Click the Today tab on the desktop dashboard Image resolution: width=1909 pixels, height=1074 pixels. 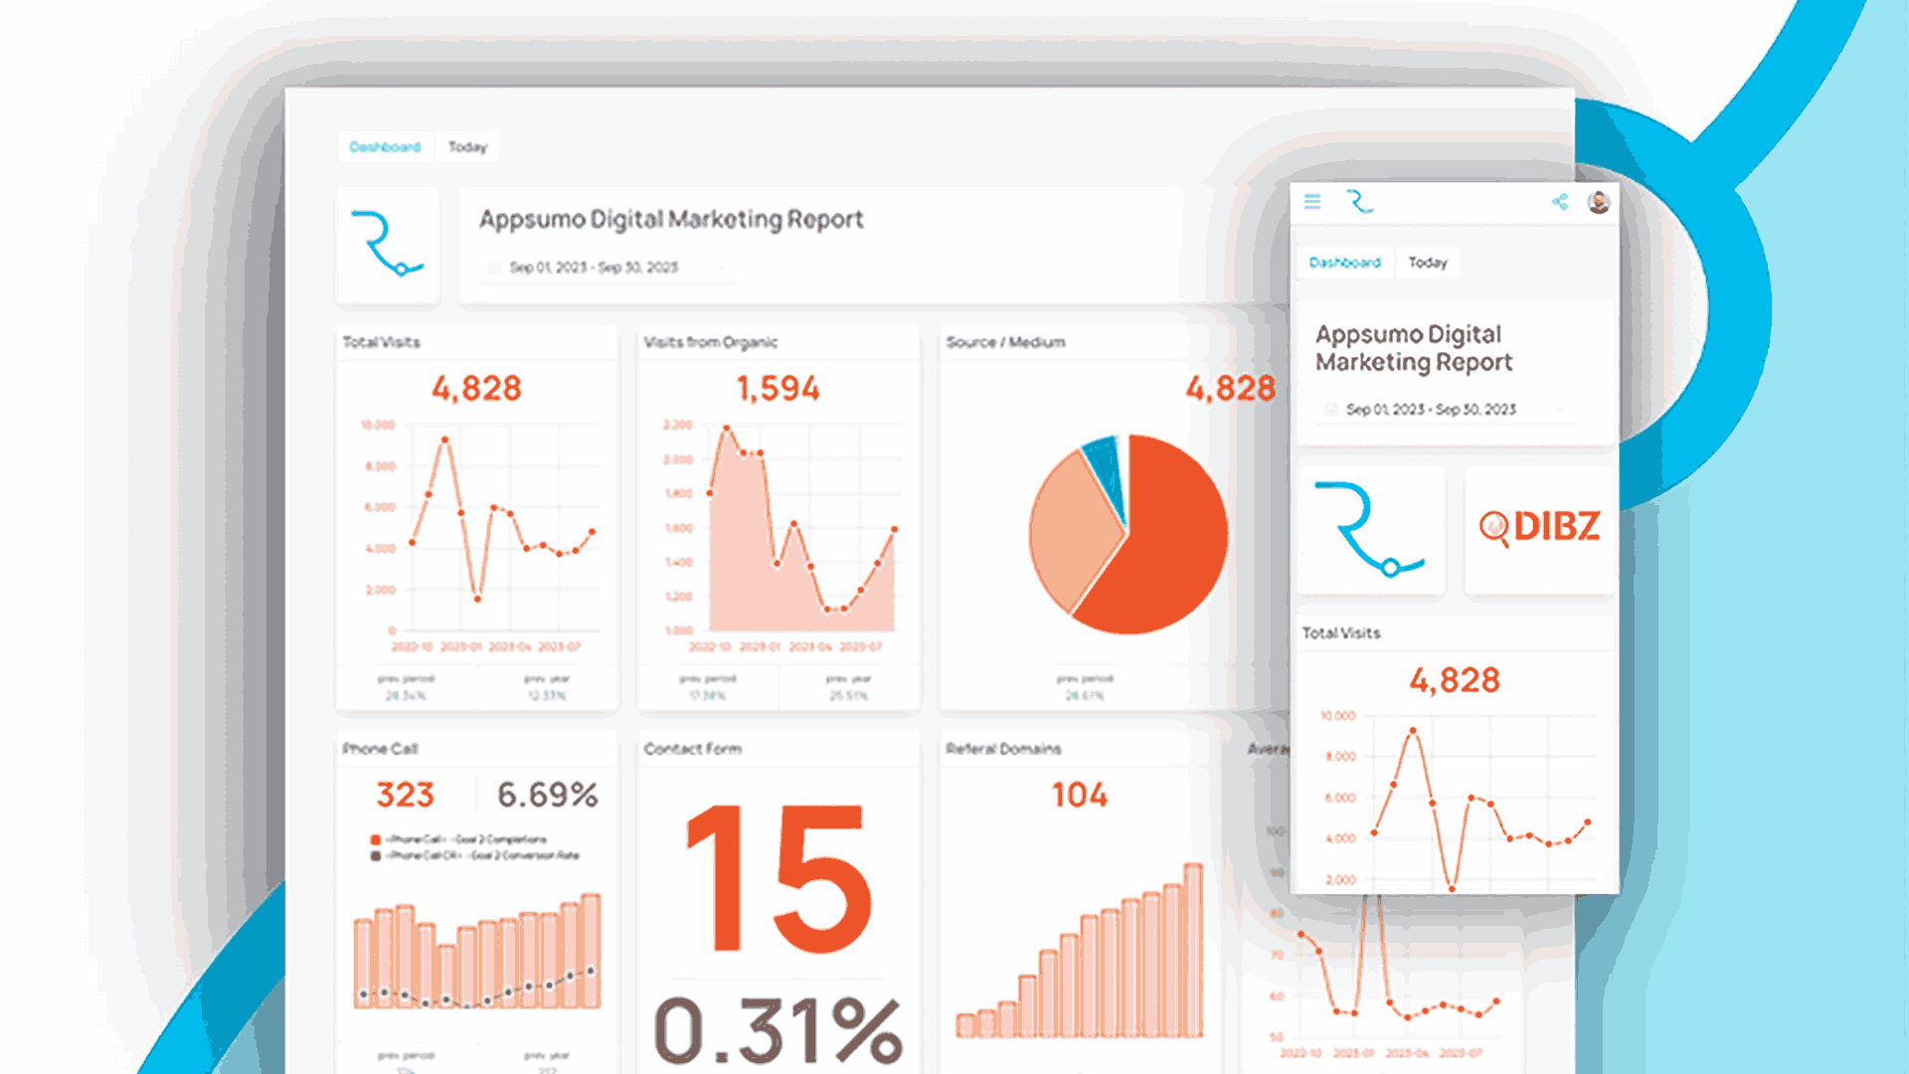pos(467,147)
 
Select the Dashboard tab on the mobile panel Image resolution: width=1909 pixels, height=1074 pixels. pos(1344,263)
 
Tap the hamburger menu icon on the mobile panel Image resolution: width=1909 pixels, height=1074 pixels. pos(1312,202)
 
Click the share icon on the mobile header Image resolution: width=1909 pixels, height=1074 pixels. pos(1560,202)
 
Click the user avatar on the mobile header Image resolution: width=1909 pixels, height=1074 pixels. pos(1599,202)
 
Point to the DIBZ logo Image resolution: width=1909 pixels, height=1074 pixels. pos(1539,527)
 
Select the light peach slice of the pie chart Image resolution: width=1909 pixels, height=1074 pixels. pos(1069,527)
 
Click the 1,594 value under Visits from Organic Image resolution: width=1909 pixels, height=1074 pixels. pos(778,389)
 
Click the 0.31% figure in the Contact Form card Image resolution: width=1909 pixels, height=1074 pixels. pos(778,1030)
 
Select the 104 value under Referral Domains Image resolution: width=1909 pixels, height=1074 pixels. pos(1079,796)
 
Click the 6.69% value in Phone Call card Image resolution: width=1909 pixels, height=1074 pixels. pos(548,796)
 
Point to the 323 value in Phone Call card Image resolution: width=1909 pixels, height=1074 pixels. pos(405,796)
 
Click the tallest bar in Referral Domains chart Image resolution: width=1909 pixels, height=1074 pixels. pos(1192,950)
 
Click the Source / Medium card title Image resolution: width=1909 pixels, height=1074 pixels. pos(1005,342)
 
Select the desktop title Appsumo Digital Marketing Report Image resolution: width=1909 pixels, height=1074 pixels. pos(671,220)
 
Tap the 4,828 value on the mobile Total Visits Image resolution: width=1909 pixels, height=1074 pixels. pos(1455,681)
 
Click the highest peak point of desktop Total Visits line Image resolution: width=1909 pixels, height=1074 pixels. pos(444,439)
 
